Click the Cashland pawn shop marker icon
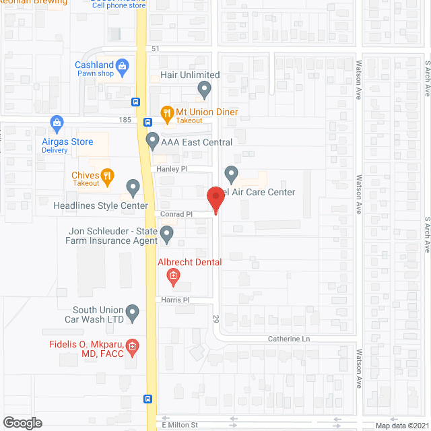[122, 65]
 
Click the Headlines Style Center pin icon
[133, 187]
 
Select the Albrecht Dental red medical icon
[172, 275]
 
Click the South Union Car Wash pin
[133, 312]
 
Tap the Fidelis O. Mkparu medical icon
[132, 347]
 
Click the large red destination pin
[215, 199]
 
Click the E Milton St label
[180, 424]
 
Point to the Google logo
[22, 423]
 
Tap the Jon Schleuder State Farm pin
[166, 234]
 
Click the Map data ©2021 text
[401, 425]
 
